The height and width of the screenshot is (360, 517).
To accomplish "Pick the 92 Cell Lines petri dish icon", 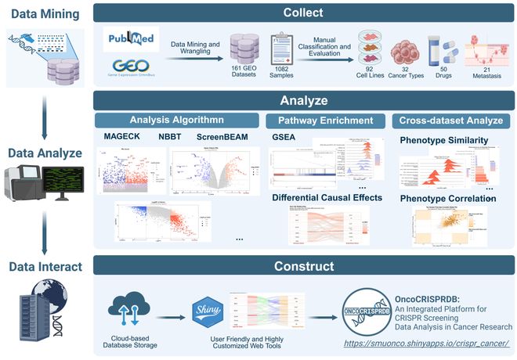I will pyautogui.click(x=373, y=45).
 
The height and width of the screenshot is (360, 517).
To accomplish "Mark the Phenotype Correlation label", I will pyautogui.click(x=448, y=199).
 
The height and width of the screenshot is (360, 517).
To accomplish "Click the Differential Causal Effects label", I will pyautogui.click(x=328, y=197).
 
